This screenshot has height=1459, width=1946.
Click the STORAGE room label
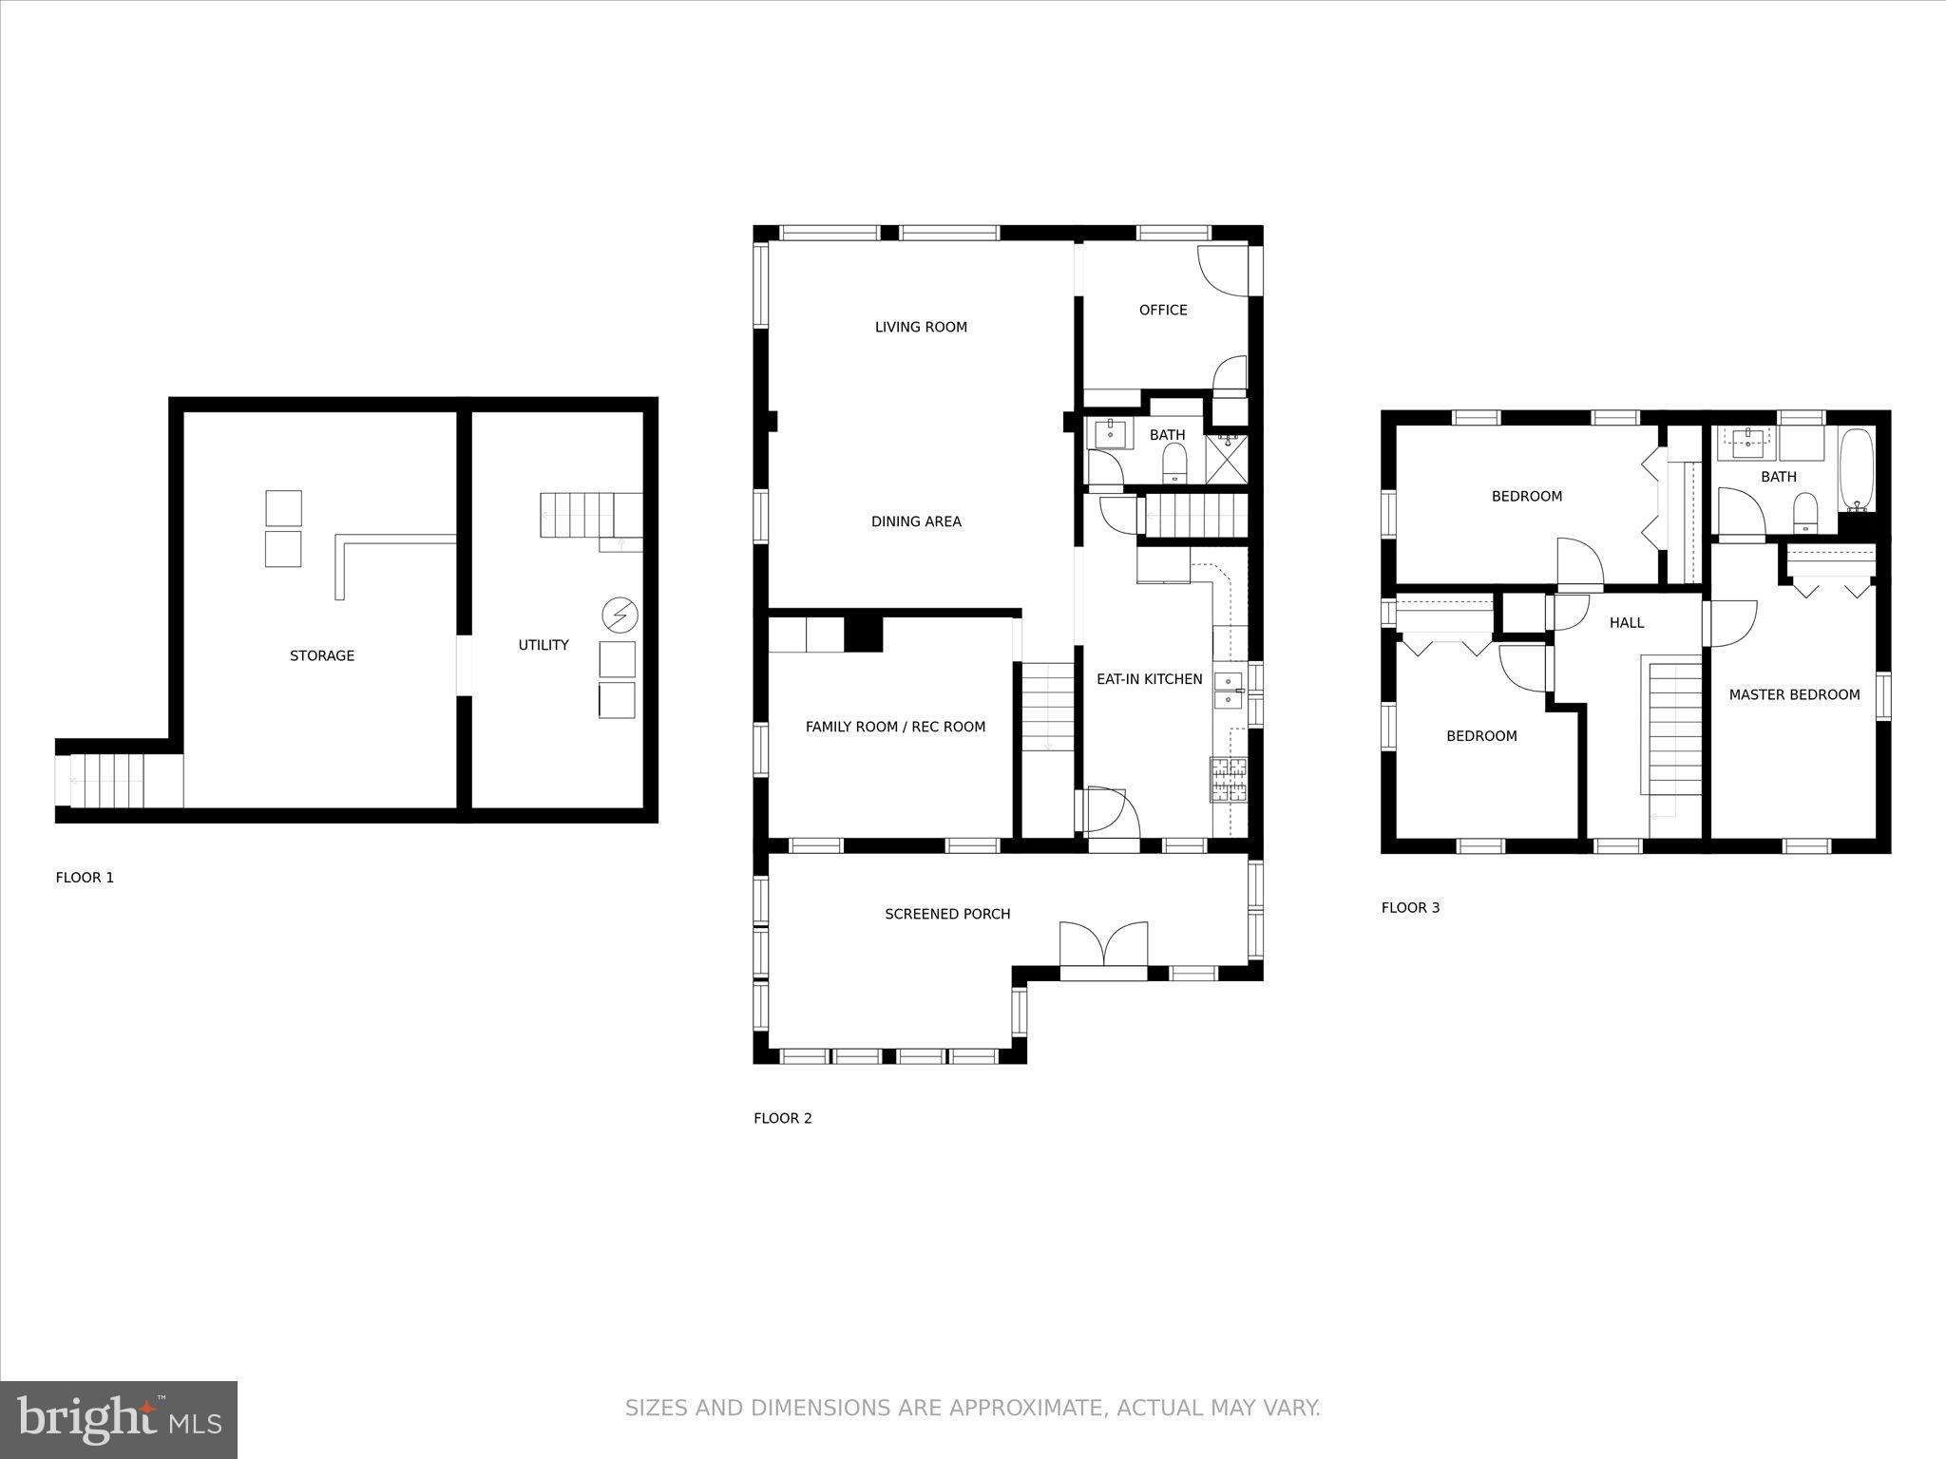[x=322, y=655]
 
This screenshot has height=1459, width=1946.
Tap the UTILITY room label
[x=544, y=645]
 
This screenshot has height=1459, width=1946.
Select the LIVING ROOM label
[x=921, y=327]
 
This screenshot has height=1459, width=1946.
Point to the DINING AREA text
[x=916, y=521]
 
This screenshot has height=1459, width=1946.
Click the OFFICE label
[x=1163, y=310]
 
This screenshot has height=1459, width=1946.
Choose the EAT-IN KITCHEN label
[x=1150, y=679]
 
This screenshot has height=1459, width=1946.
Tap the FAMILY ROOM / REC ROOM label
[x=895, y=727]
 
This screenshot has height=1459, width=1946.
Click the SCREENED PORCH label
[x=947, y=914]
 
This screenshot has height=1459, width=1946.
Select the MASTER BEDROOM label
[x=1794, y=694]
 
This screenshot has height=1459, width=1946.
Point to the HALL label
[x=1627, y=623]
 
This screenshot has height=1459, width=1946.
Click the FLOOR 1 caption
[x=85, y=878]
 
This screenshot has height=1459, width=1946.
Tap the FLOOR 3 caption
[x=1410, y=908]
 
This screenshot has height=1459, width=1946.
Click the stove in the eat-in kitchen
[x=1229, y=781]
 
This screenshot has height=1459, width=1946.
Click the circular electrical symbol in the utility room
[x=620, y=616]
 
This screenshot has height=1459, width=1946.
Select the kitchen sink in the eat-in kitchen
[x=1229, y=690]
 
